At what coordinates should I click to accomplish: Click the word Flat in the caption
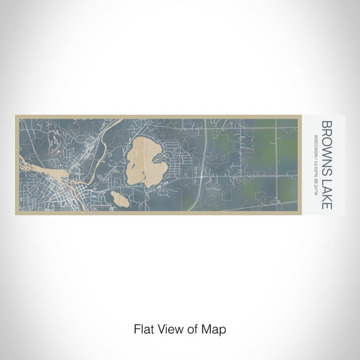click(141, 328)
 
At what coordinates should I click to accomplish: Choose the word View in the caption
click(167, 328)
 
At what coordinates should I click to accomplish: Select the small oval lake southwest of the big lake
click(120, 199)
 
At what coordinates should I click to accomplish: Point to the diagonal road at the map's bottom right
click(281, 200)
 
